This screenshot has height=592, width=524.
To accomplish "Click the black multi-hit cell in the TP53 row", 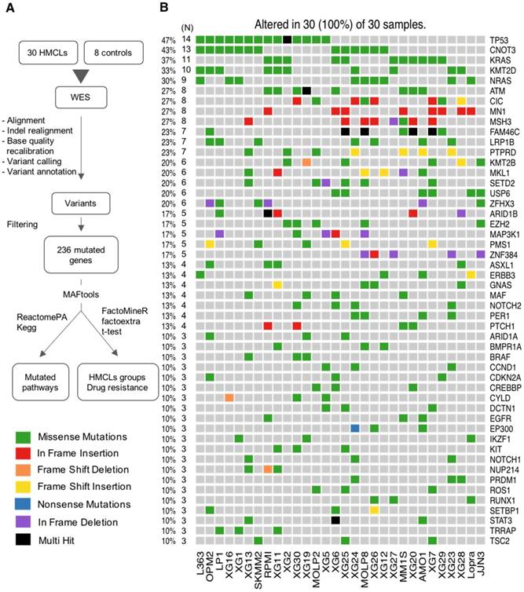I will (288, 38).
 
